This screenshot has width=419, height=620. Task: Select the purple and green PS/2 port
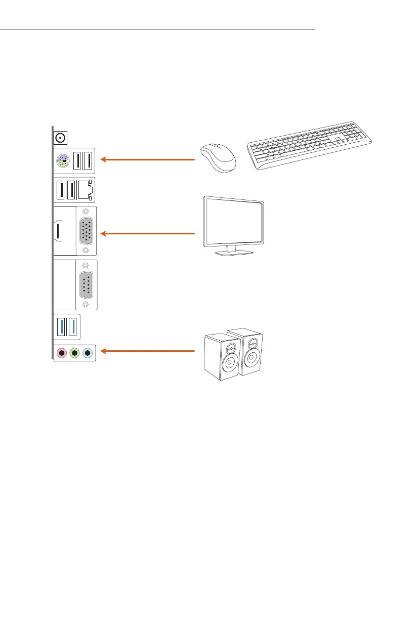pos(61,160)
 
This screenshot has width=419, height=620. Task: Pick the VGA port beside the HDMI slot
pos(86,231)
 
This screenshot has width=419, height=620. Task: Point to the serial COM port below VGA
pos(86,284)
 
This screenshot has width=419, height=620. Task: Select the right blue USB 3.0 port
pos(73,328)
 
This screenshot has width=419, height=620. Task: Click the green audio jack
pos(74,353)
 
